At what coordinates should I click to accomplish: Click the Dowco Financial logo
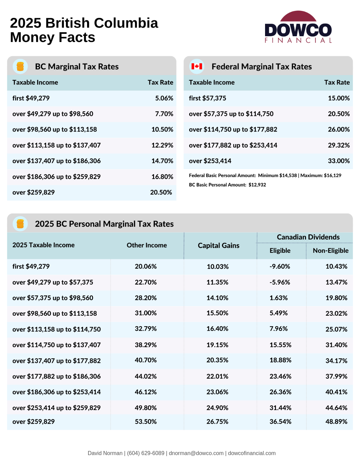pos(298,27)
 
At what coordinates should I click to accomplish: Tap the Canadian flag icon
pos(197,67)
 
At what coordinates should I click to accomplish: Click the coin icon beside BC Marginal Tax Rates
pos(20,67)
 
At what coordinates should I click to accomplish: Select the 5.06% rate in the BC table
pos(164,98)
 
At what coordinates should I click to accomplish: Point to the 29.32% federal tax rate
pos(338,145)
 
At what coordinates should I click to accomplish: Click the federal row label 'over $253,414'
pos(210,161)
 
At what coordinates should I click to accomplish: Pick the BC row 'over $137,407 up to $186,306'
pos(56,161)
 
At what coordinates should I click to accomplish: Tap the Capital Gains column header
pos(218,245)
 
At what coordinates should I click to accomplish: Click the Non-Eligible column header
pos(330,250)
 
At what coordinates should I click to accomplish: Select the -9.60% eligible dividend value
pos(280,266)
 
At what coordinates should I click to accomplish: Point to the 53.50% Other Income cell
pos(146,421)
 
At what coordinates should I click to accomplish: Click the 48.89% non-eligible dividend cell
pos(336,421)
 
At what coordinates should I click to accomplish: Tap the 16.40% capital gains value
pos(217,329)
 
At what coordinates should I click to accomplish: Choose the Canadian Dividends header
pos(308,237)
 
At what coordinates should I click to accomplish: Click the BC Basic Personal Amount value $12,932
pos(257,184)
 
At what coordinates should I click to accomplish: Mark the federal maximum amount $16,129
pos(332,175)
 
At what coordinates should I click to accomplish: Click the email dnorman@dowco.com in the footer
pos(196,453)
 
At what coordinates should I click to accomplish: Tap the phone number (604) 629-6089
pos(146,453)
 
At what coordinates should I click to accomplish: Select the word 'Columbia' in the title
pos(126,23)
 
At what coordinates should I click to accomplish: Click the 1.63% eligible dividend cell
pos(278,298)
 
